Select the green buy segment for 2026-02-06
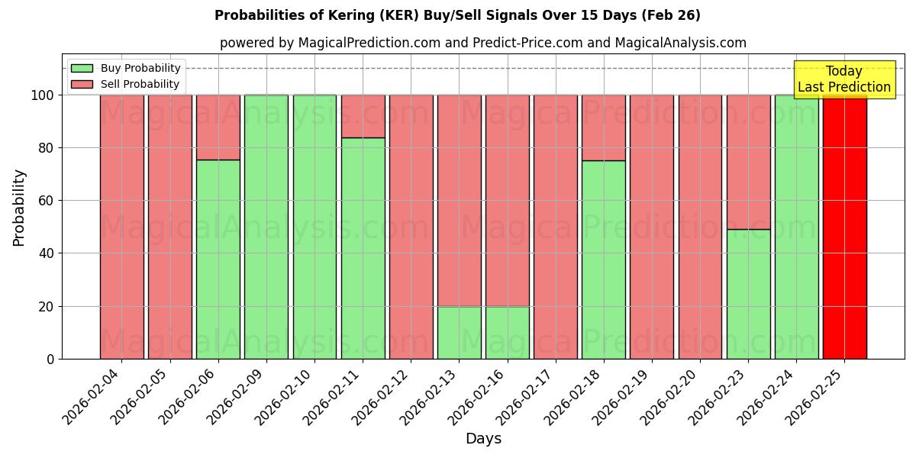218,260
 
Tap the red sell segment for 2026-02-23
748,162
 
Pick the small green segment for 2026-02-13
459,333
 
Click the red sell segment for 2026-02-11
363,116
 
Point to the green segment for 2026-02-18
603,260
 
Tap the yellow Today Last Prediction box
843,79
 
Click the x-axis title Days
483,439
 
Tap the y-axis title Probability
19,208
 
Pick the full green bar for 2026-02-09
266,227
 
